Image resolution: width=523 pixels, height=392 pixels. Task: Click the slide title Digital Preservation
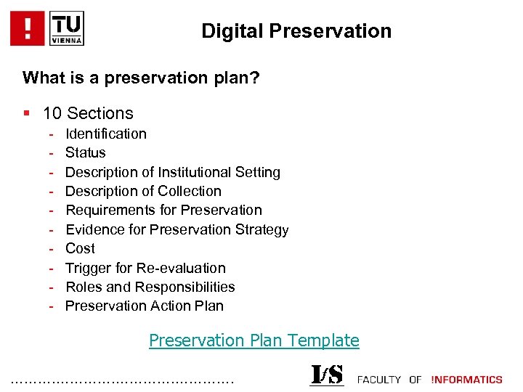(296, 31)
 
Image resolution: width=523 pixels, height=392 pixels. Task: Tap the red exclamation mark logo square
(28, 28)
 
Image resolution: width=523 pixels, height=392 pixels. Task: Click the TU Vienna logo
(66, 28)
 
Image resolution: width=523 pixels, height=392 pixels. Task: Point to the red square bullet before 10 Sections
(27, 113)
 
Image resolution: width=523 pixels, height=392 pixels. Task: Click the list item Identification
(106, 134)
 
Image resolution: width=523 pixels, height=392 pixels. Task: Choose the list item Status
(86, 152)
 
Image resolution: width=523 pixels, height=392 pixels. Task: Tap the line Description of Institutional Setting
(173, 172)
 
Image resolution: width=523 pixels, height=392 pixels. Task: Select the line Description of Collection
(143, 191)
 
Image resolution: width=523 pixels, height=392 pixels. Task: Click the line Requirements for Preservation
(163, 210)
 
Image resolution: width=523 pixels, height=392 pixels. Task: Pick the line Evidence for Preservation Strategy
(177, 229)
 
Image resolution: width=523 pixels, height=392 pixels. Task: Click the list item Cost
(80, 248)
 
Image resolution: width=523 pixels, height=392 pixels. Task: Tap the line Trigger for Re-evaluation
(145, 268)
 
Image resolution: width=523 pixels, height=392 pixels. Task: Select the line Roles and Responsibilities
(150, 287)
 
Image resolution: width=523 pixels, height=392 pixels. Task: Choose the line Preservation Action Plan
(145, 306)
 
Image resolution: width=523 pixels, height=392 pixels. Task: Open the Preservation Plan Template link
(254, 340)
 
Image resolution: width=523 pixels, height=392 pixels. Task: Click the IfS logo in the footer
(327, 375)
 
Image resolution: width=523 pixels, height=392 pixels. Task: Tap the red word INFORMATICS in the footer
(466, 379)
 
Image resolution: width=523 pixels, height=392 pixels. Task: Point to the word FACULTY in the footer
(379, 379)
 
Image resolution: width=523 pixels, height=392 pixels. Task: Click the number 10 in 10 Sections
(52, 113)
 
